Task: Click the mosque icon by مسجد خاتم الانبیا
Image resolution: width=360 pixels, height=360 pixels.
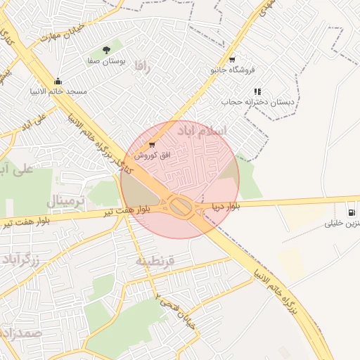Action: pyautogui.click(x=58, y=81)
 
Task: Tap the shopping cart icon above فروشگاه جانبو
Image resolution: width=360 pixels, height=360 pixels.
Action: pyautogui.click(x=232, y=59)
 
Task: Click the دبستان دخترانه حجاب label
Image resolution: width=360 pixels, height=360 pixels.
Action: pyautogui.click(x=258, y=102)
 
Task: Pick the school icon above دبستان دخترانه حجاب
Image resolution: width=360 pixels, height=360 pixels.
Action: pyautogui.click(x=257, y=91)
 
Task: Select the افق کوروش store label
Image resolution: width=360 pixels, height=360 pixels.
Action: pyautogui.click(x=149, y=155)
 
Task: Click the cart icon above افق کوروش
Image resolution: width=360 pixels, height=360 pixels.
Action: pyautogui.click(x=152, y=144)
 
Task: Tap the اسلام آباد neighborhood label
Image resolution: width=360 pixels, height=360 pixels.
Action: pyautogui.click(x=224, y=131)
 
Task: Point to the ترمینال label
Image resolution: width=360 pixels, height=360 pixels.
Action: pyautogui.click(x=65, y=202)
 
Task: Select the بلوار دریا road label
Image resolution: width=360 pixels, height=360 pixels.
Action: pyautogui.click(x=226, y=207)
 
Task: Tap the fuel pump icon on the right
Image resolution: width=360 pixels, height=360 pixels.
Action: pyautogui.click(x=350, y=212)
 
